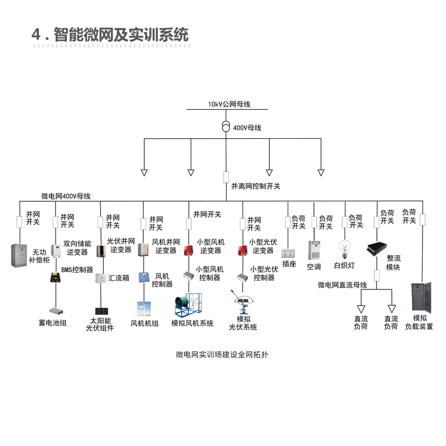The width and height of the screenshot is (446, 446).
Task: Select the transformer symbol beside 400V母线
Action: [x=226, y=126]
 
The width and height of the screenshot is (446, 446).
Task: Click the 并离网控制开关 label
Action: [x=256, y=186]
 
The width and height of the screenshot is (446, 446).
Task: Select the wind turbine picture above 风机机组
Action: [x=144, y=309]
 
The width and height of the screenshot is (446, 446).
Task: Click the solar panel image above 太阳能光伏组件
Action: [x=100, y=311]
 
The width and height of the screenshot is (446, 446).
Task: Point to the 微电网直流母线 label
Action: [x=342, y=285]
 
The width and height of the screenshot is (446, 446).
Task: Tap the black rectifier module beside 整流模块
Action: [x=377, y=249]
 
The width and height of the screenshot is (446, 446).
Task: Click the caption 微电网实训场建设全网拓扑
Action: [x=222, y=354]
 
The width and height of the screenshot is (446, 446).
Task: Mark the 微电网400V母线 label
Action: [x=66, y=196]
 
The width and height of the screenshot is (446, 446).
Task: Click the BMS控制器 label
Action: [x=77, y=270]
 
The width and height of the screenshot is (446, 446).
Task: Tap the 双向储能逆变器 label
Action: [x=77, y=248]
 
